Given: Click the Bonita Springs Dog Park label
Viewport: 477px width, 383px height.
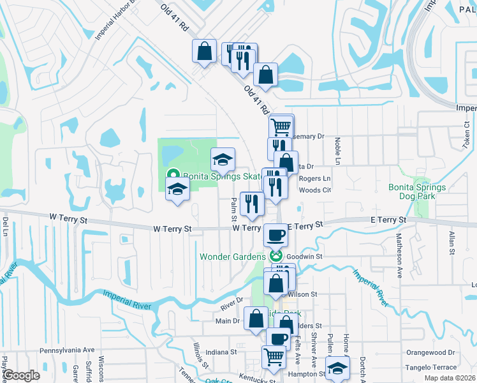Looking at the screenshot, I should click(x=417, y=192).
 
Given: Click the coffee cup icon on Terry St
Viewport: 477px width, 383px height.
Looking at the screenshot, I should click(x=275, y=235).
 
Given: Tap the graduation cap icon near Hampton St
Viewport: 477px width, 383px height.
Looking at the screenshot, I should click(x=337, y=367).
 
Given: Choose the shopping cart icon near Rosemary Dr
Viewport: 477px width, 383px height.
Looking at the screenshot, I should click(x=280, y=126).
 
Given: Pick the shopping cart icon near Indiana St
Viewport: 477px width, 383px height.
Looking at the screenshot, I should click(x=274, y=356).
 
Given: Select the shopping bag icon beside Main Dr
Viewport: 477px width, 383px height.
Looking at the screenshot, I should click(x=256, y=319).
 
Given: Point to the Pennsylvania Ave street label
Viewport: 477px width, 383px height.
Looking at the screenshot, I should click(x=67, y=350).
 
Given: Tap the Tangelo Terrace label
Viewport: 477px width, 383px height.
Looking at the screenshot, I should click(x=431, y=367).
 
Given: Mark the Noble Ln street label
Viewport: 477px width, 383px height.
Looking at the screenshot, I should click(x=336, y=152).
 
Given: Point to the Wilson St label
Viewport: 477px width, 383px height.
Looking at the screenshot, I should click(x=302, y=294).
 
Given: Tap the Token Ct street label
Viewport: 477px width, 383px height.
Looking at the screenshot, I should click(x=467, y=132).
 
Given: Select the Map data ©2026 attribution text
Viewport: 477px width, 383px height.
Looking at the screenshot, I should click(x=450, y=378).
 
